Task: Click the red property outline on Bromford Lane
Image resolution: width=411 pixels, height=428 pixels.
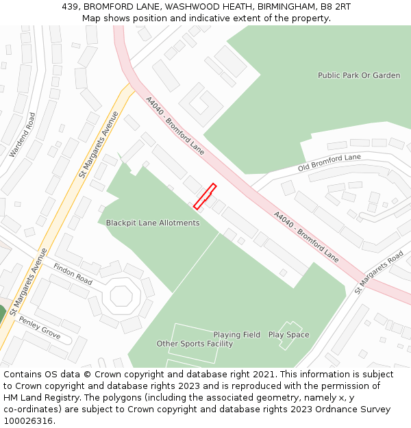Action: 205,197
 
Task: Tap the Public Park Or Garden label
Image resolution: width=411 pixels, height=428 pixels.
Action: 359,75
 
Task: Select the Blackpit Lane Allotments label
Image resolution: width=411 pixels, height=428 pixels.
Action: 153,223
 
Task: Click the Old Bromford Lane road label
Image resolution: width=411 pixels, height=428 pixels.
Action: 329,162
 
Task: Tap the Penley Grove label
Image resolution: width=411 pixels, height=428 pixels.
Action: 40,329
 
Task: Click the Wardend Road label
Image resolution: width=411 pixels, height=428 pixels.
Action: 22,135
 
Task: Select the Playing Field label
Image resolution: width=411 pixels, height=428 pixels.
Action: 236,335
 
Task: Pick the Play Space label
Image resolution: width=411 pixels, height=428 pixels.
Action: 288,335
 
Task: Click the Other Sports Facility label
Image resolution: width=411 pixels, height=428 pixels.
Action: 195,344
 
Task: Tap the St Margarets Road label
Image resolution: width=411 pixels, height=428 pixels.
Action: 379,272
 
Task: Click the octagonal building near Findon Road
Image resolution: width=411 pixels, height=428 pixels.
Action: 121,296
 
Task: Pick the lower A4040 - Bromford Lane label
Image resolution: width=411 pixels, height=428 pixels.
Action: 306,236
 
